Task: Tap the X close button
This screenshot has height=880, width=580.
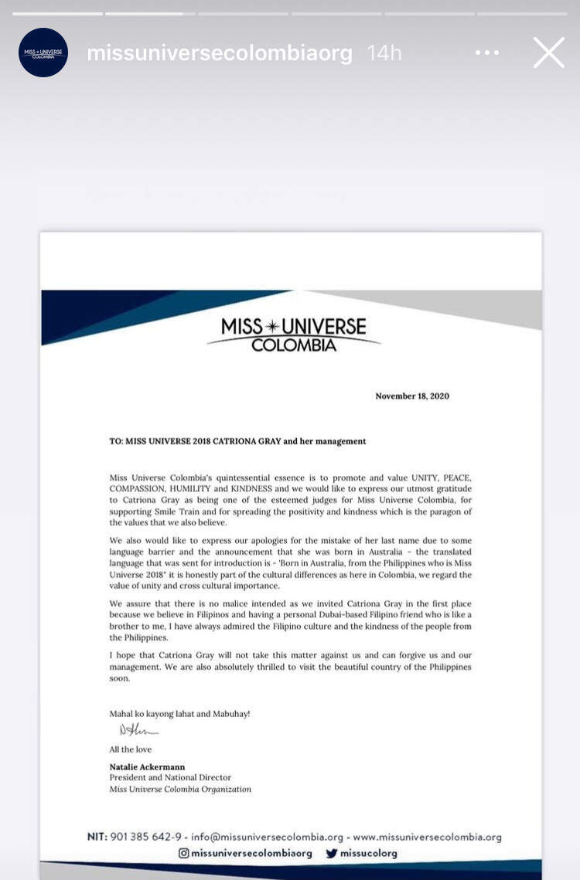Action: (548, 53)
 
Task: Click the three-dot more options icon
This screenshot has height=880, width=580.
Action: (487, 53)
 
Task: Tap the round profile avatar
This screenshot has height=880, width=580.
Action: (43, 53)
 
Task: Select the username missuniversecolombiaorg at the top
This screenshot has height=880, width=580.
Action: (220, 53)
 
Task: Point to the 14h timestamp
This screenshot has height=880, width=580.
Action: (384, 53)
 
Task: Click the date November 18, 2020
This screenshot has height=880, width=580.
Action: (412, 396)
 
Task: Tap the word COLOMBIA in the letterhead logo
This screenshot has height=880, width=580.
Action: (294, 345)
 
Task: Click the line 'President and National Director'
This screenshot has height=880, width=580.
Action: (170, 777)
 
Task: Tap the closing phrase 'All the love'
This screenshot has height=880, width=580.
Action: (131, 749)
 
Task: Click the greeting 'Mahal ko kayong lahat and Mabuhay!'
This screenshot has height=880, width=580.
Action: (179, 714)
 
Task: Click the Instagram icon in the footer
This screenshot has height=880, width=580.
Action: (184, 853)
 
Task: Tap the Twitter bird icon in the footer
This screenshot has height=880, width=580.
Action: (332, 853)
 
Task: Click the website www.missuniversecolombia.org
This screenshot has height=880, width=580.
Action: (427, 837)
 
